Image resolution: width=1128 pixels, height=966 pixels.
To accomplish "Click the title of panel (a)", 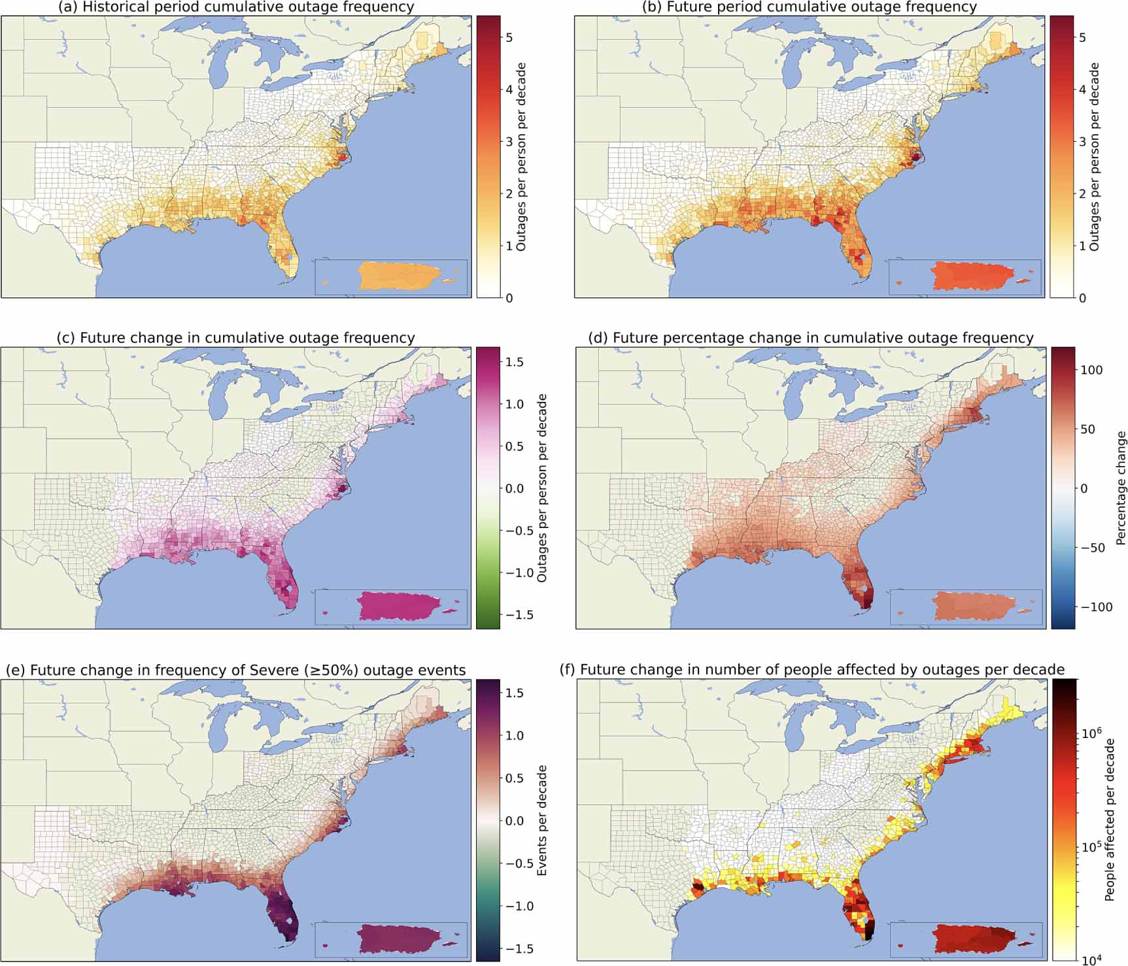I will point(236,7).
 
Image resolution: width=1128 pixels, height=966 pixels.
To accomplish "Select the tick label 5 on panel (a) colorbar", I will point(509,37).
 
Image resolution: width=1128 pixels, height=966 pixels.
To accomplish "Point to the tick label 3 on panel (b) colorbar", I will point(1082,142).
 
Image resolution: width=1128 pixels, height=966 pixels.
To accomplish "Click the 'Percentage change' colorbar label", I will point(1121,488).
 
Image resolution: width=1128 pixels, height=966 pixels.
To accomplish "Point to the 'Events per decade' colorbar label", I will point(541,820).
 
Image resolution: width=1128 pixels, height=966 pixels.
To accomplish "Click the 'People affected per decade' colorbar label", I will point(1110,820).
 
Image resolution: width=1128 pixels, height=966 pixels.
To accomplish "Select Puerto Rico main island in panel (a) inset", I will point(397,276).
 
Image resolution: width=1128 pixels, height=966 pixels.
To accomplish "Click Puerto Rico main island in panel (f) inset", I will point(971,939).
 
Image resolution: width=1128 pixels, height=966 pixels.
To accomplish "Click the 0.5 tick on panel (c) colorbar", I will point(515,446).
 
